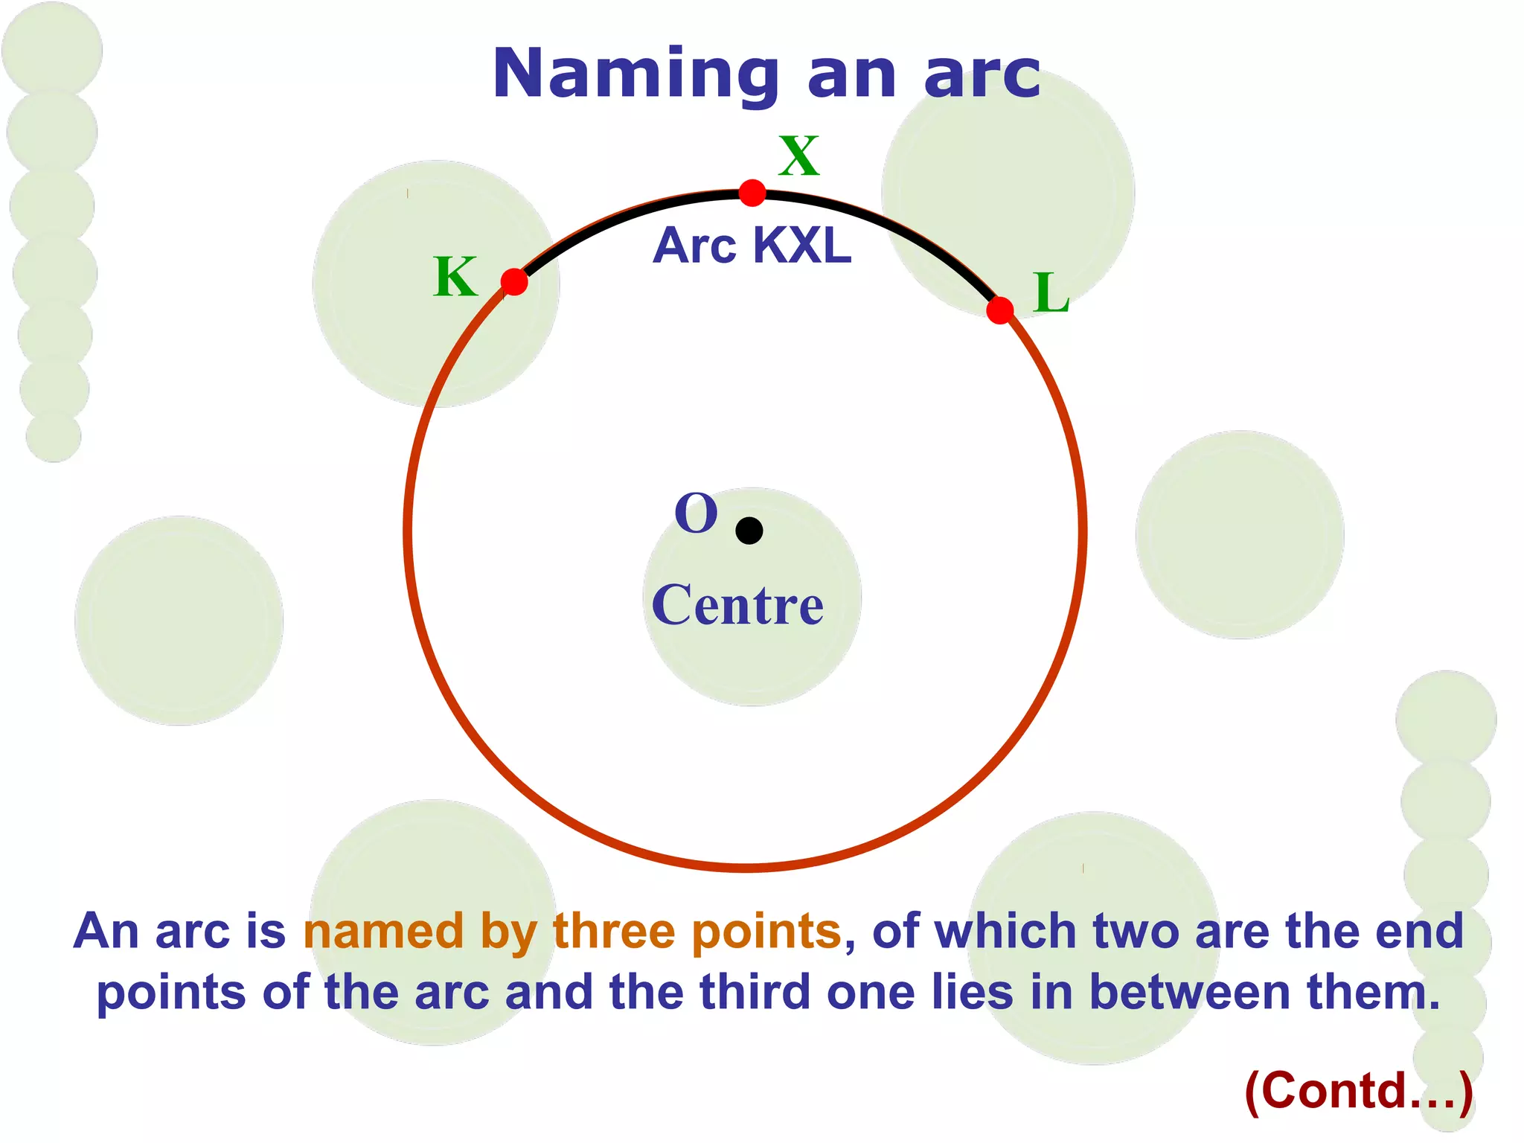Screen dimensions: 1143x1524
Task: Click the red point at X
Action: click(752, 193)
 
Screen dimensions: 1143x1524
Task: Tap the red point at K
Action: click(514, 282)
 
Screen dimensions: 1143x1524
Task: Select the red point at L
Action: click(1000, 310)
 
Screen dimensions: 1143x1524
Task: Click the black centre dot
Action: click(749, 531)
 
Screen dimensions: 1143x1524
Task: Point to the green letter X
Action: click(799, 156)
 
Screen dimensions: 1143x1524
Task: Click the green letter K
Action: click(455, 277)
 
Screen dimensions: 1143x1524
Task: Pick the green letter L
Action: click(1051, 292)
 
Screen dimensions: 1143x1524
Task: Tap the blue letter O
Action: click(696, 513)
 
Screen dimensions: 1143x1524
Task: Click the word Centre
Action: click(737, 605)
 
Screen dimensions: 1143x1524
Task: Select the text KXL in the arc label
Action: click(801, 246)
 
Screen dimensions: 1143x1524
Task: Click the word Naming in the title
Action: click(636, 74)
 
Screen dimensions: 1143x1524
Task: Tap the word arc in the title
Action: click(982, 74)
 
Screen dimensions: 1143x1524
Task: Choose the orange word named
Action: click(384, 931)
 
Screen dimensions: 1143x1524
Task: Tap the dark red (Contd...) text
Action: click(1358, 1091)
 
